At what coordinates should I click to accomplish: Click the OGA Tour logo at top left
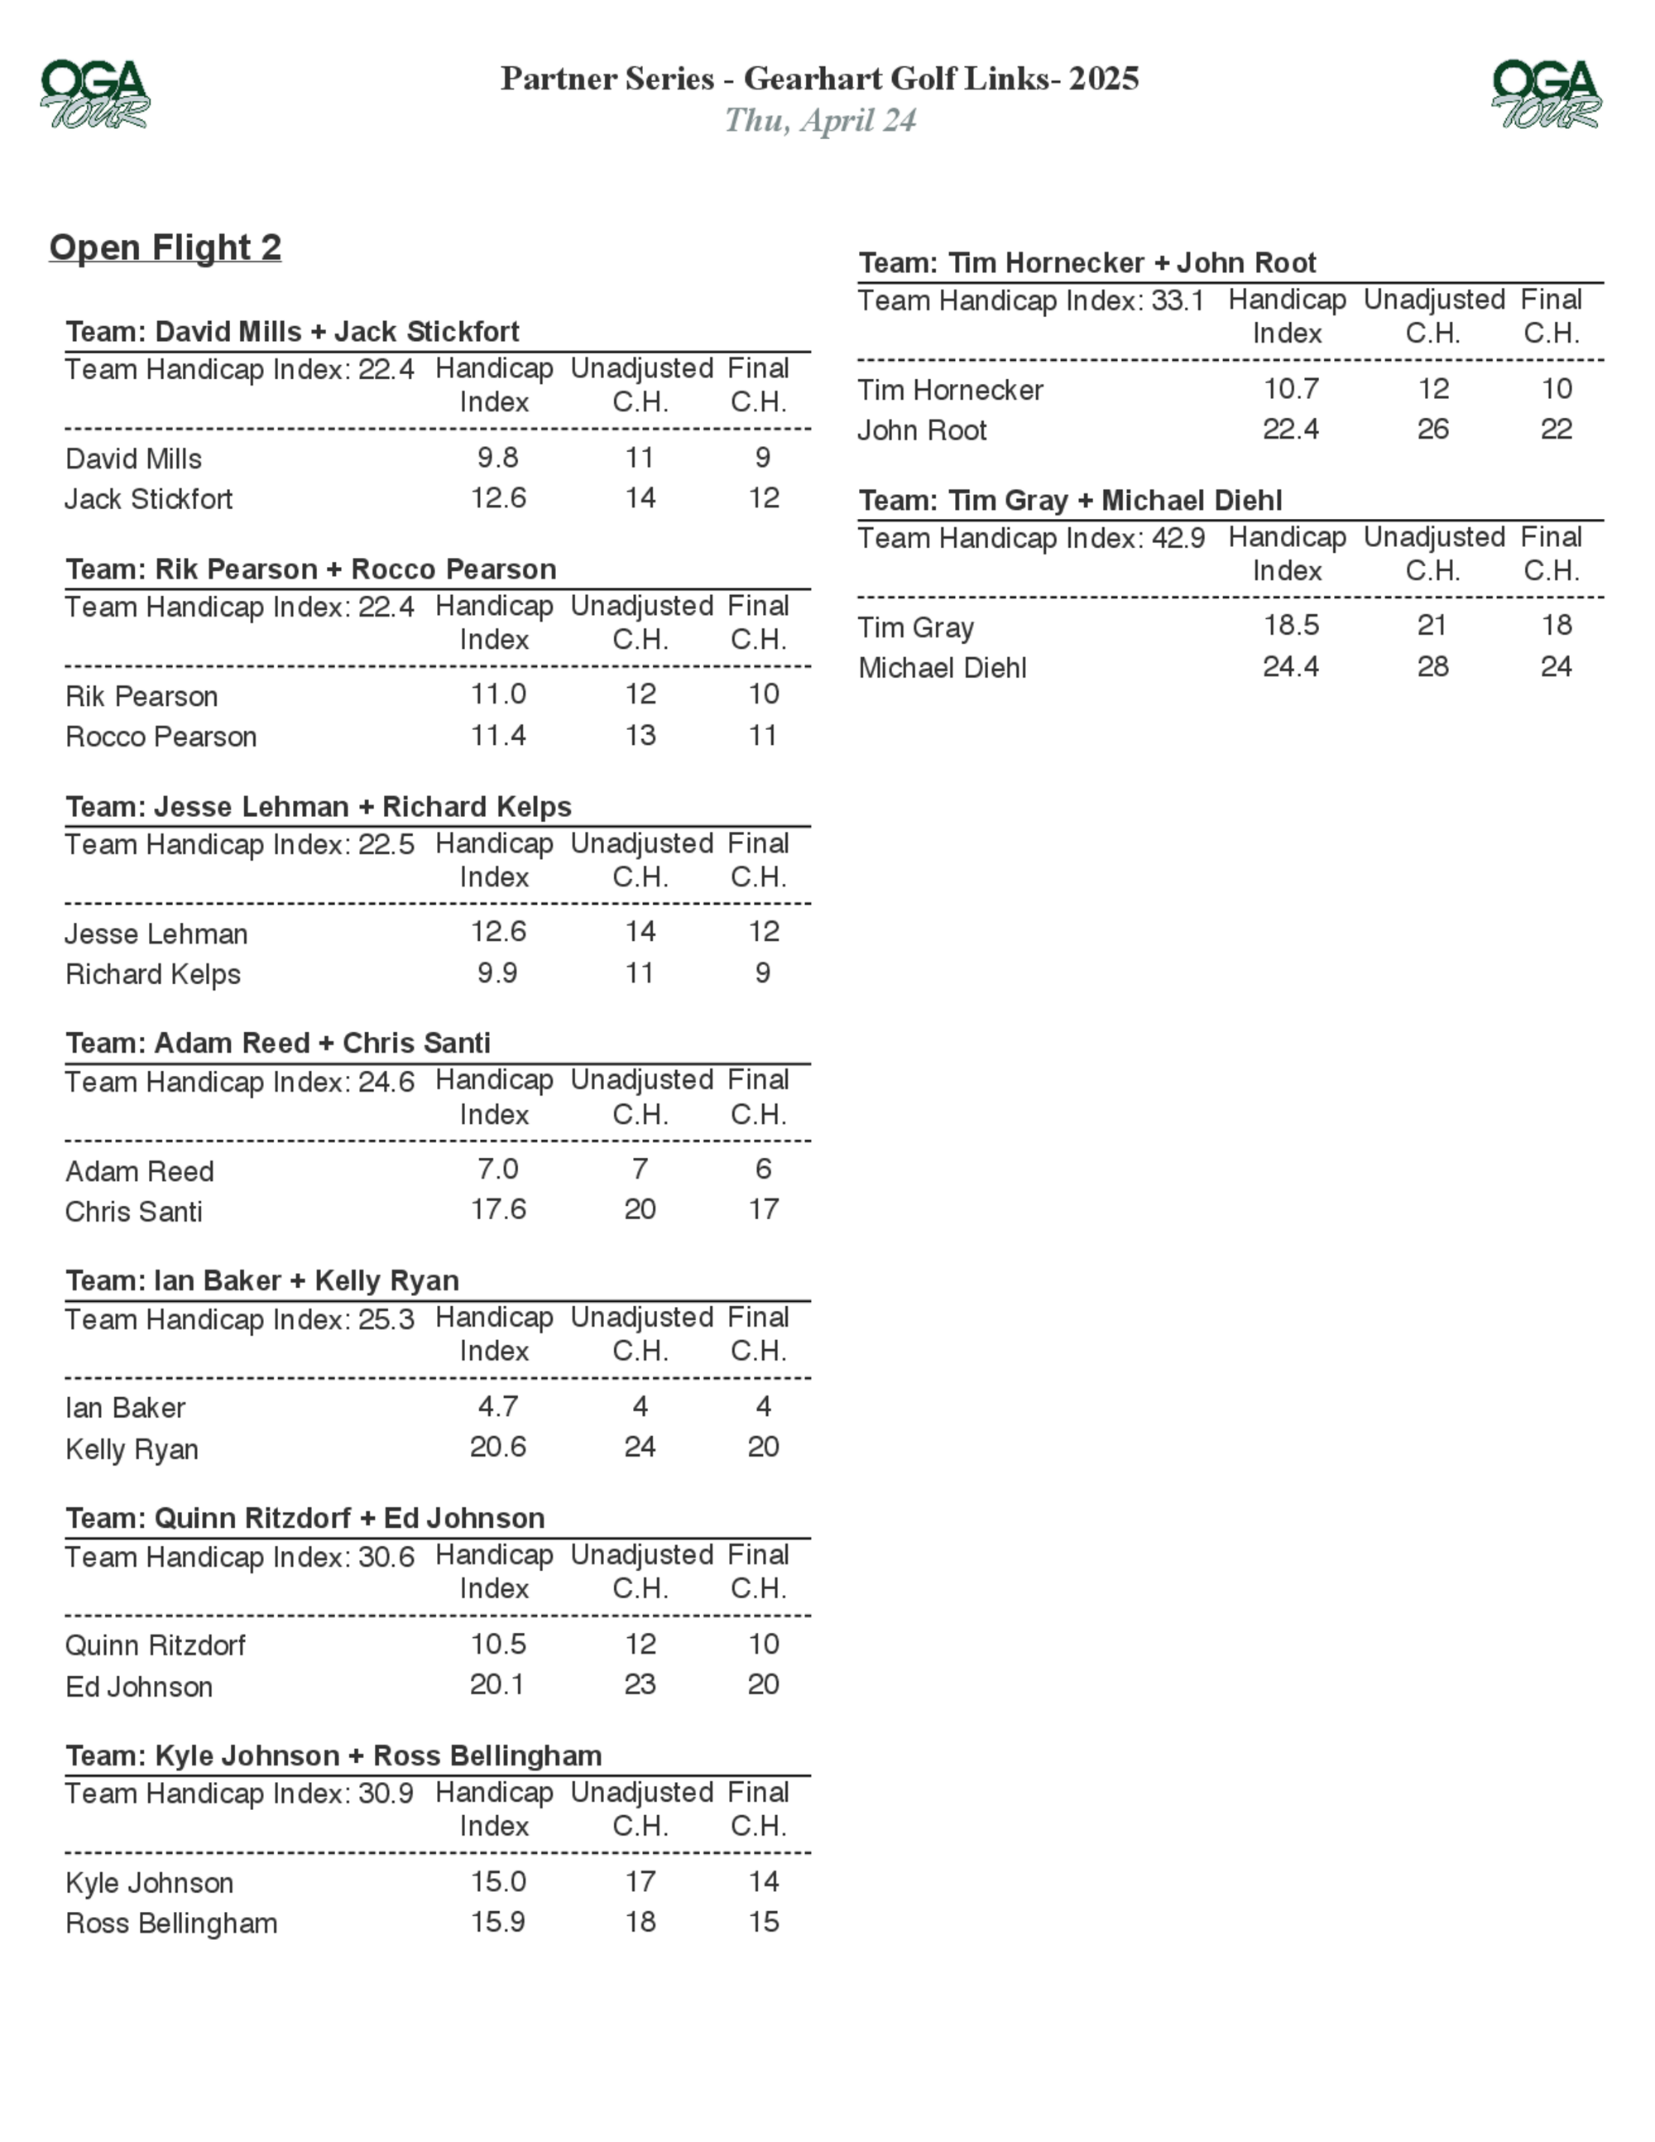pos(95,94)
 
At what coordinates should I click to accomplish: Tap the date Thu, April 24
pos(820,121)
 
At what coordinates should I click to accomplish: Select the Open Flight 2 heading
pos(165,247)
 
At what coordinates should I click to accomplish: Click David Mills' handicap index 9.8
pos(498,458)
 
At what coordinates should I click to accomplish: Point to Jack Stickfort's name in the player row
pos(149,499)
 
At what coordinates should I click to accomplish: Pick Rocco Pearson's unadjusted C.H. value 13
pos(640,736)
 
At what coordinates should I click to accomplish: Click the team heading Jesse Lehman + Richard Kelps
pos(319,806)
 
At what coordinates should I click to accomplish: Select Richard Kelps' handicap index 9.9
pos(497,973)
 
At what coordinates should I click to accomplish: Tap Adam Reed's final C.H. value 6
pos(763,1169)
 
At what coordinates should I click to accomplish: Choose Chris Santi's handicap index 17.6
pos(498,1209)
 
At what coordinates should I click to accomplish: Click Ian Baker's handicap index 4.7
pos(498,1406)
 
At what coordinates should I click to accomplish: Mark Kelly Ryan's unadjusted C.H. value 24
pos(640,1447)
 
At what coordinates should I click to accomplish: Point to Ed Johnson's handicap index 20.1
pos(497,1685)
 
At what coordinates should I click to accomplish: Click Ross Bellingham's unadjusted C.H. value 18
pos(640,1923)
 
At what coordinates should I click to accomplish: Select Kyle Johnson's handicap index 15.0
pos(498,1882)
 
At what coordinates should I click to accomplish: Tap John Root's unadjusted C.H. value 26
pos(1432,430)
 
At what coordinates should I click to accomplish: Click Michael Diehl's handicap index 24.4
pos(1290,667)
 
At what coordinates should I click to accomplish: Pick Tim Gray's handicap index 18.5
pos(1290,626)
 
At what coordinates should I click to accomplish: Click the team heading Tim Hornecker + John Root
pos(1087,263)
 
